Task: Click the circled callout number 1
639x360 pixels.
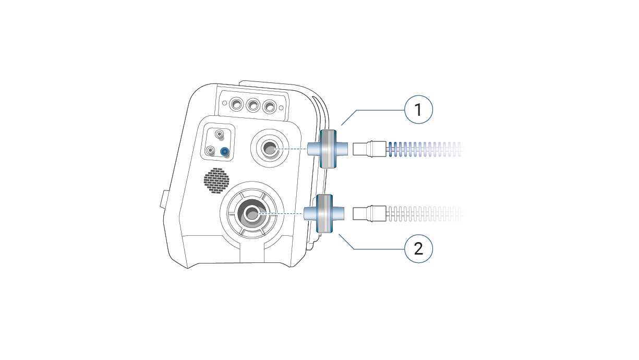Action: coord(418,110)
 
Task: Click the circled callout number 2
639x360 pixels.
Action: coord(418,248)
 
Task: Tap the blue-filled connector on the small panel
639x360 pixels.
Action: coord(225,152)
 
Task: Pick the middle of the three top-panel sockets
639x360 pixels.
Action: coord(253,106)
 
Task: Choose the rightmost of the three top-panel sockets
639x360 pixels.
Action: coord(269,107)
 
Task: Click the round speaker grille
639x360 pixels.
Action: coord(216,180)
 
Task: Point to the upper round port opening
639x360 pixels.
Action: coord(270,149)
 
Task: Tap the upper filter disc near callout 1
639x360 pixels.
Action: coord(328,149)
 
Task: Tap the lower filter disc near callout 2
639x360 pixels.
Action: coord(324,213)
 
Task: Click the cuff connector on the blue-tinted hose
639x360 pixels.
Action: coord(370,149)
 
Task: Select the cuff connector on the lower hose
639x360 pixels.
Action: coord(370,213)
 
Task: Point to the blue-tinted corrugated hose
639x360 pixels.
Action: coord(423,149)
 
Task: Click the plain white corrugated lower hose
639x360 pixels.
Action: coord(423,213)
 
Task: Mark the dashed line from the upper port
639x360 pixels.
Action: coord(292,149)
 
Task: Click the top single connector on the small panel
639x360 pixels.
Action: coord(220,135)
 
